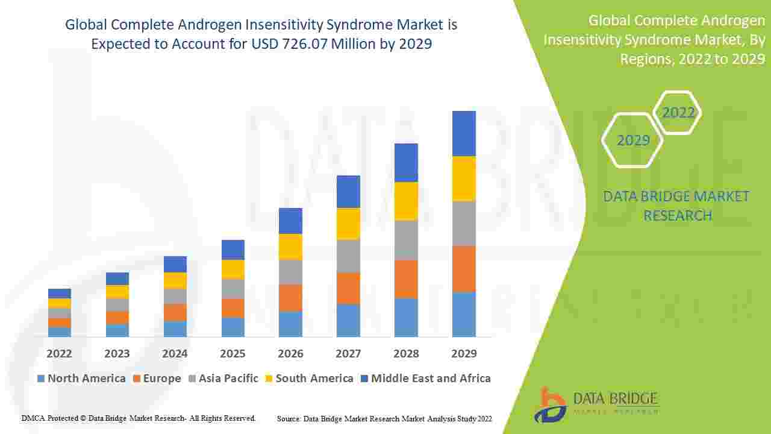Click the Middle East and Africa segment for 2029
click(464, 133)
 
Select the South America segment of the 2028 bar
click(406, 201)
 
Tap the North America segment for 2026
click(290, 324)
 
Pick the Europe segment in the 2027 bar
click(348, 288)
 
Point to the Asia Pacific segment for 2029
click(464, 223)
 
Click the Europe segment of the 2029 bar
click(464, 269)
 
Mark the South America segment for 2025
click(233, 269)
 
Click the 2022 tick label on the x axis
click(59, 354)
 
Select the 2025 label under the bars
click(233, 354)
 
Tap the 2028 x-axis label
click(406, 354)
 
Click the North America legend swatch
click(41, 379)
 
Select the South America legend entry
click(308, 379)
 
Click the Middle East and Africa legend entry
click(425, 379)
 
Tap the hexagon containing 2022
click(678, 113)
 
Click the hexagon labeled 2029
click(633, 140)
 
